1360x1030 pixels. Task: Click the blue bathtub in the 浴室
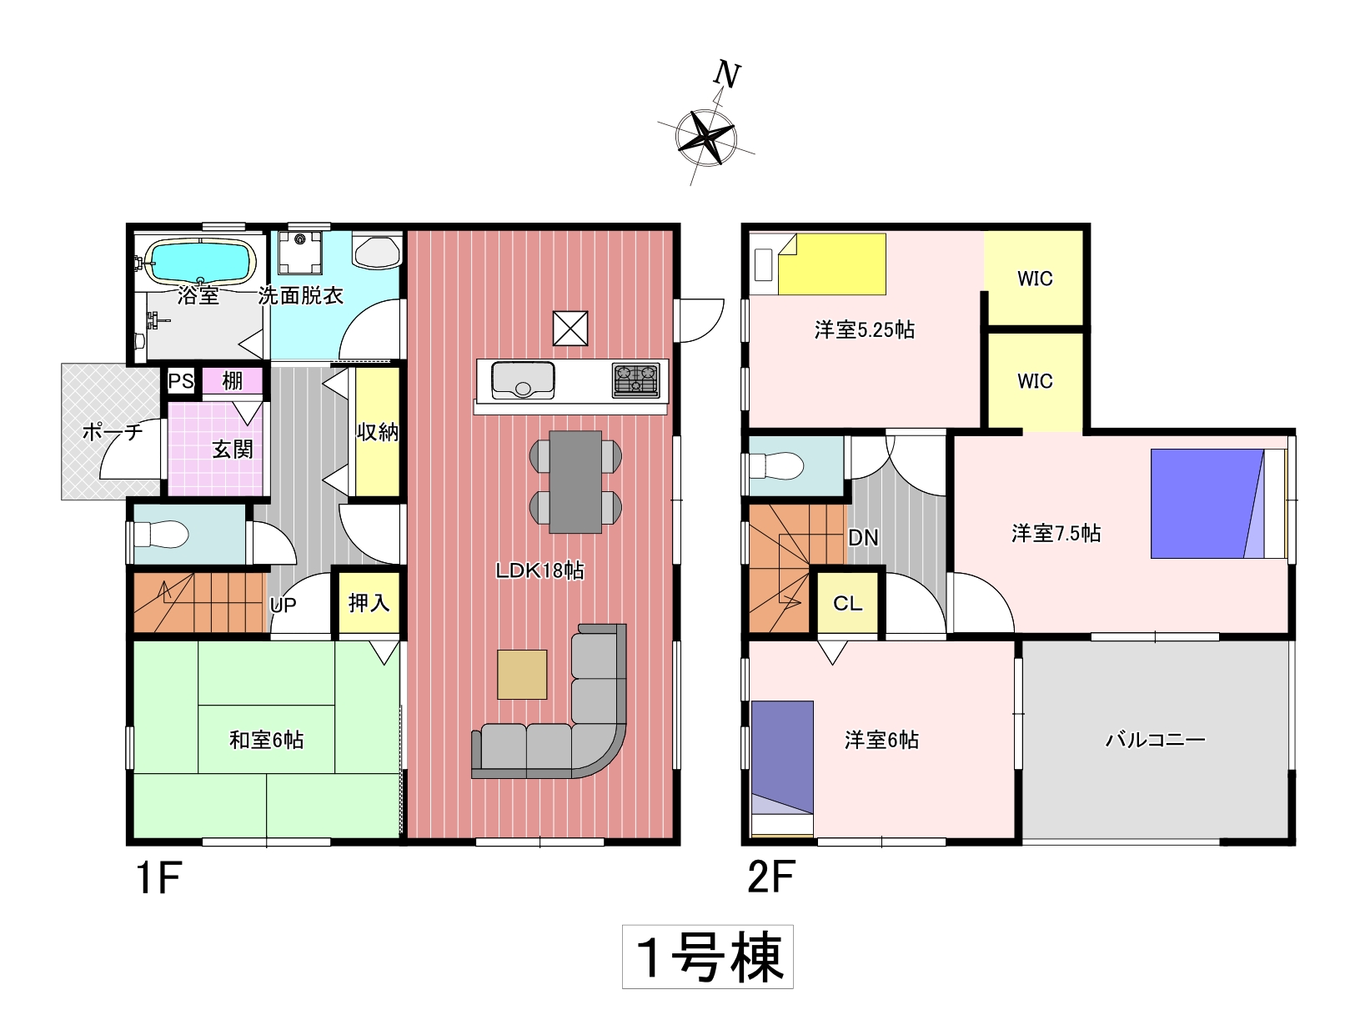[200, 262]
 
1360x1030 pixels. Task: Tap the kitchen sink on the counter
[523, 379]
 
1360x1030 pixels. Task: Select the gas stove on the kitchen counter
[635, 380]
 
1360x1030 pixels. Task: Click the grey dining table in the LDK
[575, 481]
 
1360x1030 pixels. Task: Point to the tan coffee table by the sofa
[522, 674]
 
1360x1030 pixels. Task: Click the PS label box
[181, 380]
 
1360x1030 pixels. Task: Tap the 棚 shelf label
[233, 380]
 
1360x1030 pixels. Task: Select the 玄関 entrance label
[233, 450]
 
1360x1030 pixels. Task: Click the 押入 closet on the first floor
[369, 602]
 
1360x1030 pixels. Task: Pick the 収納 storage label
[378, 432]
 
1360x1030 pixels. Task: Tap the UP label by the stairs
[283, 605]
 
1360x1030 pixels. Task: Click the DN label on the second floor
[863, 537]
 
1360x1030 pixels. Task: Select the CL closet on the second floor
[847, 603]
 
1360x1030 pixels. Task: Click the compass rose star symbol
[705, 138]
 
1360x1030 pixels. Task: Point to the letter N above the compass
[727, 75]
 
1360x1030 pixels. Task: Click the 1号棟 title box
[708, 957]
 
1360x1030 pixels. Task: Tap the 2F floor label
[770, 877]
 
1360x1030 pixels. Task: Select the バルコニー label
[1156, 739]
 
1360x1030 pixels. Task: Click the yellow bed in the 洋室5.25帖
[832, 264]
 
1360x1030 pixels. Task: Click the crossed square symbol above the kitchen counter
[570, 328]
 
